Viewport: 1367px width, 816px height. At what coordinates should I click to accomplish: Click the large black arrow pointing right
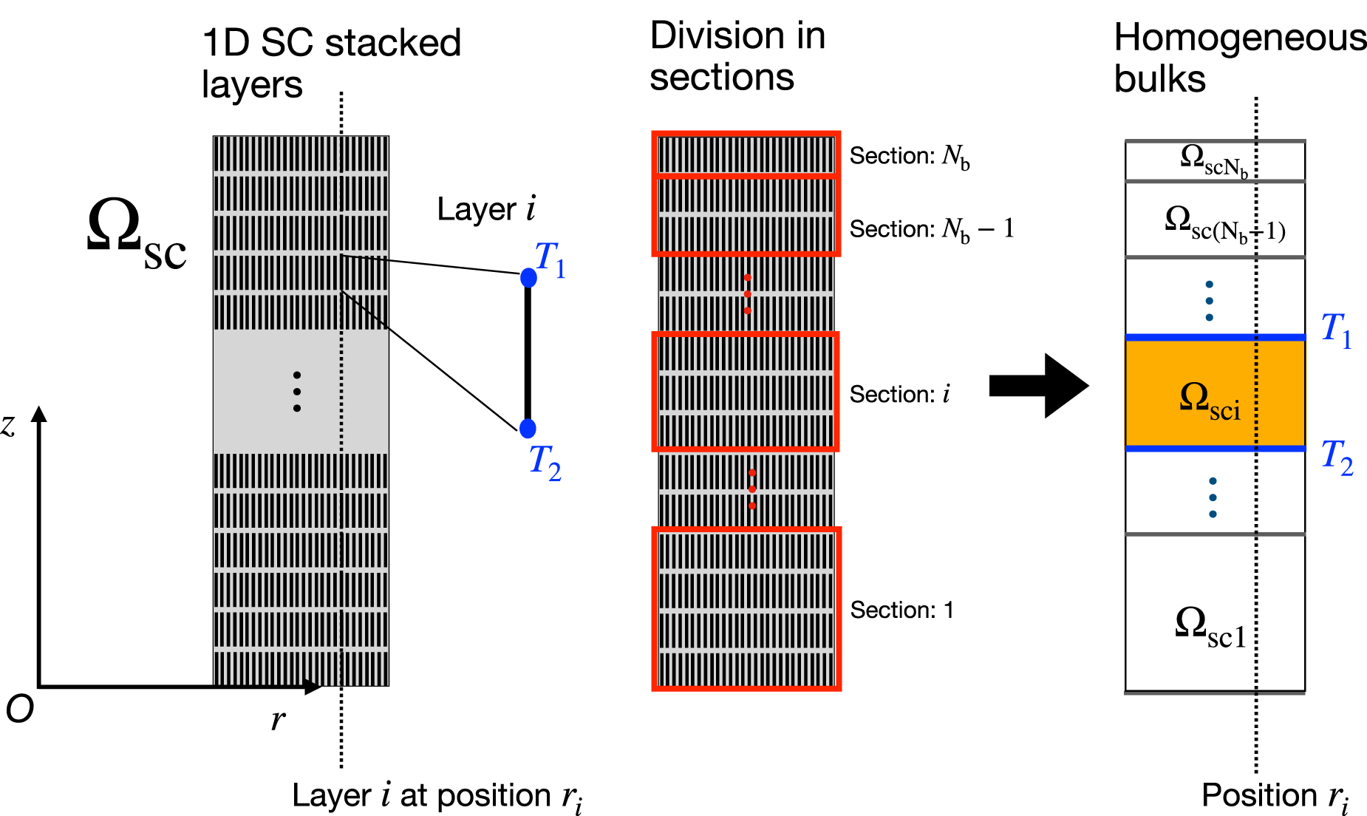pyautogui.click(x=1039, y=386)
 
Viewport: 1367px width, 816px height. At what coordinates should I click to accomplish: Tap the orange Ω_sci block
pyautogui.click(x=1215, y=393)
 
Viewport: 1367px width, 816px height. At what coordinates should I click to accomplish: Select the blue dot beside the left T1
pyautogui.click(x=528, y=278)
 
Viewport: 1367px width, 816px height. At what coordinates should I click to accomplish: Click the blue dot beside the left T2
pyautogui.click(x=528, y=428)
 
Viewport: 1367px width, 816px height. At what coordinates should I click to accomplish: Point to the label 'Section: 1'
pyautogui.click(x=901, y=610)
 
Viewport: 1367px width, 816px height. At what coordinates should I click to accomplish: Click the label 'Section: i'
pyautogui.click(x=900, y=394)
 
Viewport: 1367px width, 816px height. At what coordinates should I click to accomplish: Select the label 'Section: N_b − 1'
pyautogui.click(x=932, y=230)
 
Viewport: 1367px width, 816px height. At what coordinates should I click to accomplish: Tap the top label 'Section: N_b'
pyautogui.click(x=910, y=157)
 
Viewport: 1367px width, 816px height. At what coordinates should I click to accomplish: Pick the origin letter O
pyautogui.click(x=20, y=710)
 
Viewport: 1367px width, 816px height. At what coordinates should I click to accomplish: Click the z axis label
pyautogui.click(x=8, y=425)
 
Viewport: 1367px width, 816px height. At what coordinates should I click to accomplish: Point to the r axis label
pyautogui.click(x=278, y=719)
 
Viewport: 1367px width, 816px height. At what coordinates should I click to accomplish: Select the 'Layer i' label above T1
pyautogui.click(x=486, y=209)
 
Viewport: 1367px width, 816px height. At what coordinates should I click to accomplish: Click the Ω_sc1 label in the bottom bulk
pyautogui.click(x=1210, y=628)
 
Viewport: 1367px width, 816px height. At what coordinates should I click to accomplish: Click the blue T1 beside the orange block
pyautogui.click(x=1336, y=330)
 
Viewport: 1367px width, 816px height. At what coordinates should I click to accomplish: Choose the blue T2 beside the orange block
pyautogui.click(x=1337, y=458)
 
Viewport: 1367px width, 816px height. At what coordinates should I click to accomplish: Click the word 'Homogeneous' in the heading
pyautogui.click(x=1241, y=38)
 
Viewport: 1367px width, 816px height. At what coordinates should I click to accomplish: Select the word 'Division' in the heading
pyautogui.click(x=707, y=35)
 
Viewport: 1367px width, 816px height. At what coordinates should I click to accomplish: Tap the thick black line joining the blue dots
pyautogui.click(x=528, y=353)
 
